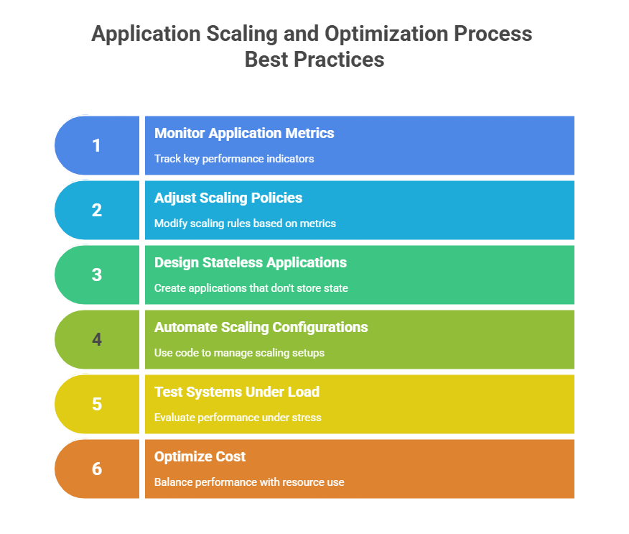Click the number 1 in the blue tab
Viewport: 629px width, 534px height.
coord(97,146)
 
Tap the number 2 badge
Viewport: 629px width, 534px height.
coord(97,211)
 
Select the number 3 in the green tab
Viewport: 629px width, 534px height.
coord(97,275)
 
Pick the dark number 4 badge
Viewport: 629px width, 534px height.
coord(97,340)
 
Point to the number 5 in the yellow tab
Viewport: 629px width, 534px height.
coord(97,405)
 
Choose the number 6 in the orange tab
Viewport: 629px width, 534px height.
coord(97,469)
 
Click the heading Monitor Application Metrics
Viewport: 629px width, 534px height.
coord(244,133)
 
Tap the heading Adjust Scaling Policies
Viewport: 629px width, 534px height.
coord(228,198)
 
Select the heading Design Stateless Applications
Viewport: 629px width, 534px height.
coord(251,262)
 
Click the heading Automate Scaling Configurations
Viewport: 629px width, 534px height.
coord(261,327)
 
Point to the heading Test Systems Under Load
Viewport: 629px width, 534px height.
coord(237,392)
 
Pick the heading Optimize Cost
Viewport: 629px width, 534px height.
coord(200,456)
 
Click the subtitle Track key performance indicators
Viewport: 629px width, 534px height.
coord(234,159)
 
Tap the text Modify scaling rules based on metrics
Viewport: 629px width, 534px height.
coord(245,224)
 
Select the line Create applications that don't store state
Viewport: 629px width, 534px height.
coord(251,288)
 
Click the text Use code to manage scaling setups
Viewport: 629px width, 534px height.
coord(239,353)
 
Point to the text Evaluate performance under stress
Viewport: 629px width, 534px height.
coord(238,418)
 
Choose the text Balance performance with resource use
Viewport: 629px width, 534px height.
coord(249,482)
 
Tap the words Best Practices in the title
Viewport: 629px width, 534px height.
coord(314,60)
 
